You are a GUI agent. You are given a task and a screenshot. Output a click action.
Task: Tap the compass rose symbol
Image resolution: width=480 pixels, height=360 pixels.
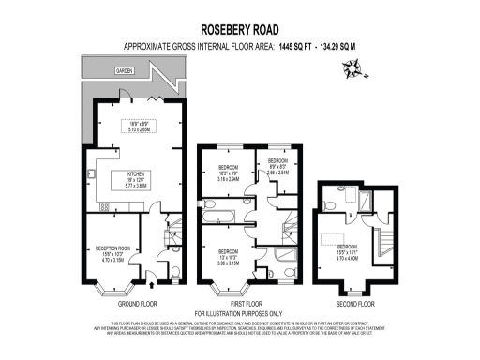[x=354, y=67]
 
